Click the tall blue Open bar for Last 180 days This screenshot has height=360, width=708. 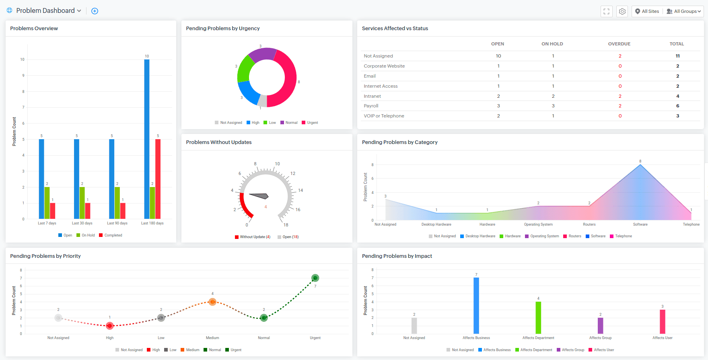pyautogui.click(x=147, y=139)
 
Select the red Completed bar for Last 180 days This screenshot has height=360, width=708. pyautogui.click(x=158, y=179)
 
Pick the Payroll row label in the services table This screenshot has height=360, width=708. pyautogui.click(x=371, y=106)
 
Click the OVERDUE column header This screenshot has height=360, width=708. pyautogui.click(x=619, y=44)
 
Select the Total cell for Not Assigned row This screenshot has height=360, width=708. pyautogui.click(x=677, y=56)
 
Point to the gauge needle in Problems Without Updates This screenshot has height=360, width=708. pyautogui.click(x=259, y=196)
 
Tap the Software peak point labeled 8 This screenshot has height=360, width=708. pyautogui.click(x=640, y=165)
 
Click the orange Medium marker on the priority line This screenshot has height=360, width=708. pyautogui.click(x=212, y=302)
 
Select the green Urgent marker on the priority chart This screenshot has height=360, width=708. pyautogui.click(x=315, y=278)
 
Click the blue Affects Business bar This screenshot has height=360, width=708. pyautogui.click(x=476, y=306)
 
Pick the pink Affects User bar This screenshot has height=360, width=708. pyautogui.click(x=663, y=321)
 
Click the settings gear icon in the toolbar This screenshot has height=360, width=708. pyautogui.click(x=622, y=11)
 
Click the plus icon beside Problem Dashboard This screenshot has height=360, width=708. pyautogui.click(x=95, y=11)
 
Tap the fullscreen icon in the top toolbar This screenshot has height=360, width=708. pyautogui.click(x=607, y=11)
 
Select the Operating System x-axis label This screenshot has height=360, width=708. pyautogui.click(x=538, y=224)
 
